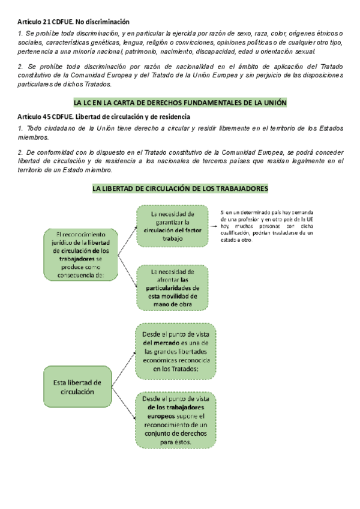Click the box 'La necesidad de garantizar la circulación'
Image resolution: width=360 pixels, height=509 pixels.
point(172,226)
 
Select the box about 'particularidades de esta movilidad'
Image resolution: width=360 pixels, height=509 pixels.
point(172,288)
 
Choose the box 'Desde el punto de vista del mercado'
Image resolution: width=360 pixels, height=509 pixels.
point(176,351)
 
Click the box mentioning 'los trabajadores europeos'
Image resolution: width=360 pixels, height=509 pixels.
point(176,420)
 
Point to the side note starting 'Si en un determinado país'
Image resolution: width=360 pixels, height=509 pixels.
point(266,226)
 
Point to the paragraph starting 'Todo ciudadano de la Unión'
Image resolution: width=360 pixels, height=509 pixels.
point(180,133)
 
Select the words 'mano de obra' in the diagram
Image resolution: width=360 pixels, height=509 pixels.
point(172,304)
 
